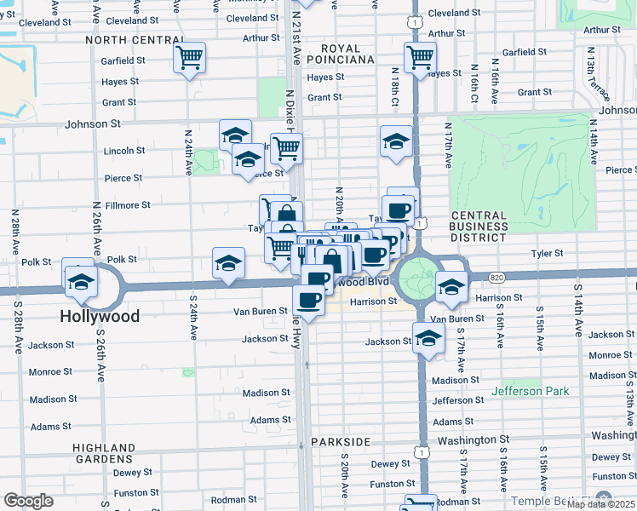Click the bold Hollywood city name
click(100, 316)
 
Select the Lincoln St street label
click(123, 151)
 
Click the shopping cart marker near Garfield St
click(189, 59)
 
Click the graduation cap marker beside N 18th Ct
click(396, 141)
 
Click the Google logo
click(29, 501)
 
